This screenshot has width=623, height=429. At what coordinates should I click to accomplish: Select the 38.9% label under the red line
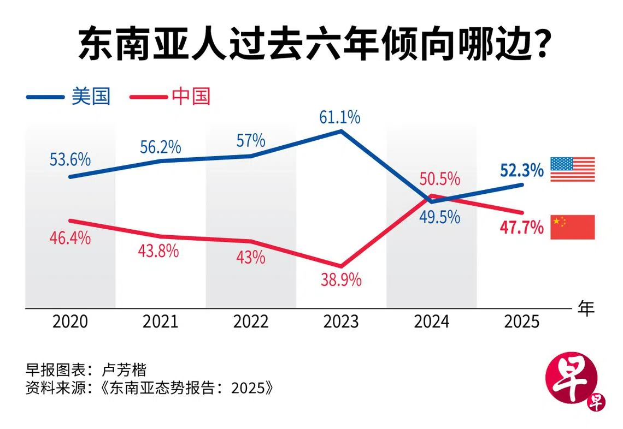342,281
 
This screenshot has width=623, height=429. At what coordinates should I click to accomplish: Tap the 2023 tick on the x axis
341,321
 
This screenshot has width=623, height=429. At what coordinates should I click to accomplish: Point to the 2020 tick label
70,321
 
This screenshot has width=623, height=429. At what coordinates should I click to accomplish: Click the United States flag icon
572,169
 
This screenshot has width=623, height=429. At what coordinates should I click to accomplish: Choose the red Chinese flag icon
572,227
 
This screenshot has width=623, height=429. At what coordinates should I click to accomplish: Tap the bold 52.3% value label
522,170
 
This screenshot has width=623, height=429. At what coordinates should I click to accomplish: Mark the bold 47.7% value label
522,227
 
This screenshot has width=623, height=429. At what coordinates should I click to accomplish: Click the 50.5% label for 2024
440,179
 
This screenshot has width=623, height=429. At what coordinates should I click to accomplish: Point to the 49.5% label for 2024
440,217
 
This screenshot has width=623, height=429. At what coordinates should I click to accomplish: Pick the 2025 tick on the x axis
522,321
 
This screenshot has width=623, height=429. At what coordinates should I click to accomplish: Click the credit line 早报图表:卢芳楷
86,370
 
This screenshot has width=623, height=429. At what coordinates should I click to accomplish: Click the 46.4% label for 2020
70,239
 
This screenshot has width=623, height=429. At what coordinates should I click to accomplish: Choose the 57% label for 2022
251,141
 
